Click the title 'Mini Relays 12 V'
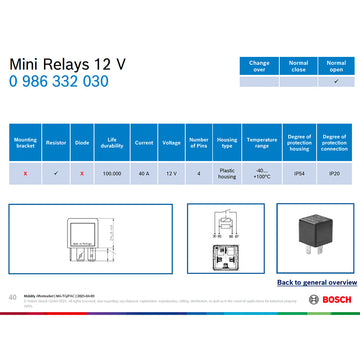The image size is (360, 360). (68, 64)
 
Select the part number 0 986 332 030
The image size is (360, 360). (59, 82)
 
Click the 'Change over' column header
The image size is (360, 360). (259, 65)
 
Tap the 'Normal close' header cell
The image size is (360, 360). (298, 65)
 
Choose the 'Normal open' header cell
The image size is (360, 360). (336, 65)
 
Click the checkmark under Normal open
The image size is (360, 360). (336, 82)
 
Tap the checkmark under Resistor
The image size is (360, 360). (56, 173)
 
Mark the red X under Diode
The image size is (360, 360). (82, 173)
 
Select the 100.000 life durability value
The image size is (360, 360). (112, 173)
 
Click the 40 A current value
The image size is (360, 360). (143, 173)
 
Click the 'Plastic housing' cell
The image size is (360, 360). (227, 173)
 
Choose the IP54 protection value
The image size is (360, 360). (299, 173)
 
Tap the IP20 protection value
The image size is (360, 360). (334, 173)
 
